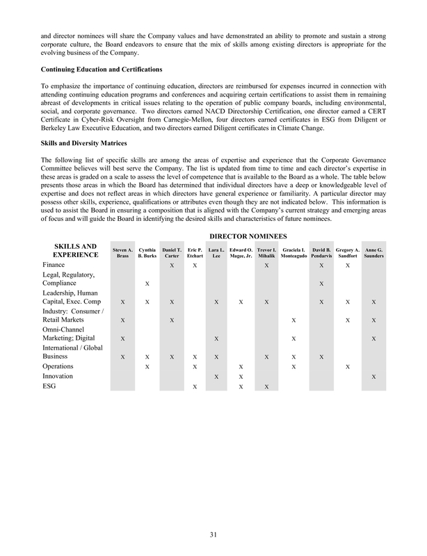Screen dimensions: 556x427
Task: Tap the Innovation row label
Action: [58, 376]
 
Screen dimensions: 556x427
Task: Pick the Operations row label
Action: [58, 366]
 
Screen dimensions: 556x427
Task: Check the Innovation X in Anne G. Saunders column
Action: [374, 377]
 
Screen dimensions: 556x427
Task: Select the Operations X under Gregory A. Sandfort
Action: [348, 366]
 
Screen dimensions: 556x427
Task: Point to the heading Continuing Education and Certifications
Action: [102, 70]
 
